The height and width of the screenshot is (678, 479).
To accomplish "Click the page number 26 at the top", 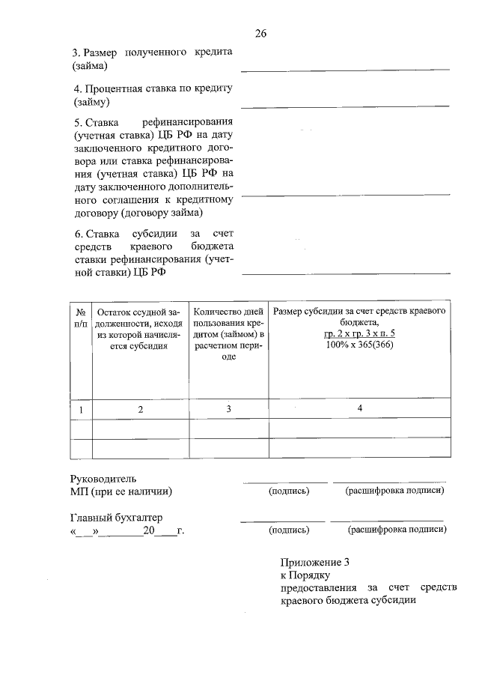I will pyautogui.click(x=260, y=34).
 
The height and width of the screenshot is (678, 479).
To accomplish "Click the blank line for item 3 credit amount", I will pyautogui.click(x=345, y=69).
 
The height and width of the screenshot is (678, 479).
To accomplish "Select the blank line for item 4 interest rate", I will pyautogui.click(x=345, y=106).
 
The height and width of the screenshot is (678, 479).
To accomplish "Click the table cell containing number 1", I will pyautogui.click(x=80, y=409).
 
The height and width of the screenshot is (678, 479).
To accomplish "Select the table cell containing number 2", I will pyautogui.click(x=139, y=409).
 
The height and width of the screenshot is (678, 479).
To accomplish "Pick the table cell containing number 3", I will pyautogui.click(x=229, y=409).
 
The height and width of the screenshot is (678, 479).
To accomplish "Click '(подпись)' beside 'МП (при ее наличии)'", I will pyautogui.click(x=289, y=491).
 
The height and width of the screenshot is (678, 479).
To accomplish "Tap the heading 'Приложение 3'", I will pyautogui.click(x=315, y=562).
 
